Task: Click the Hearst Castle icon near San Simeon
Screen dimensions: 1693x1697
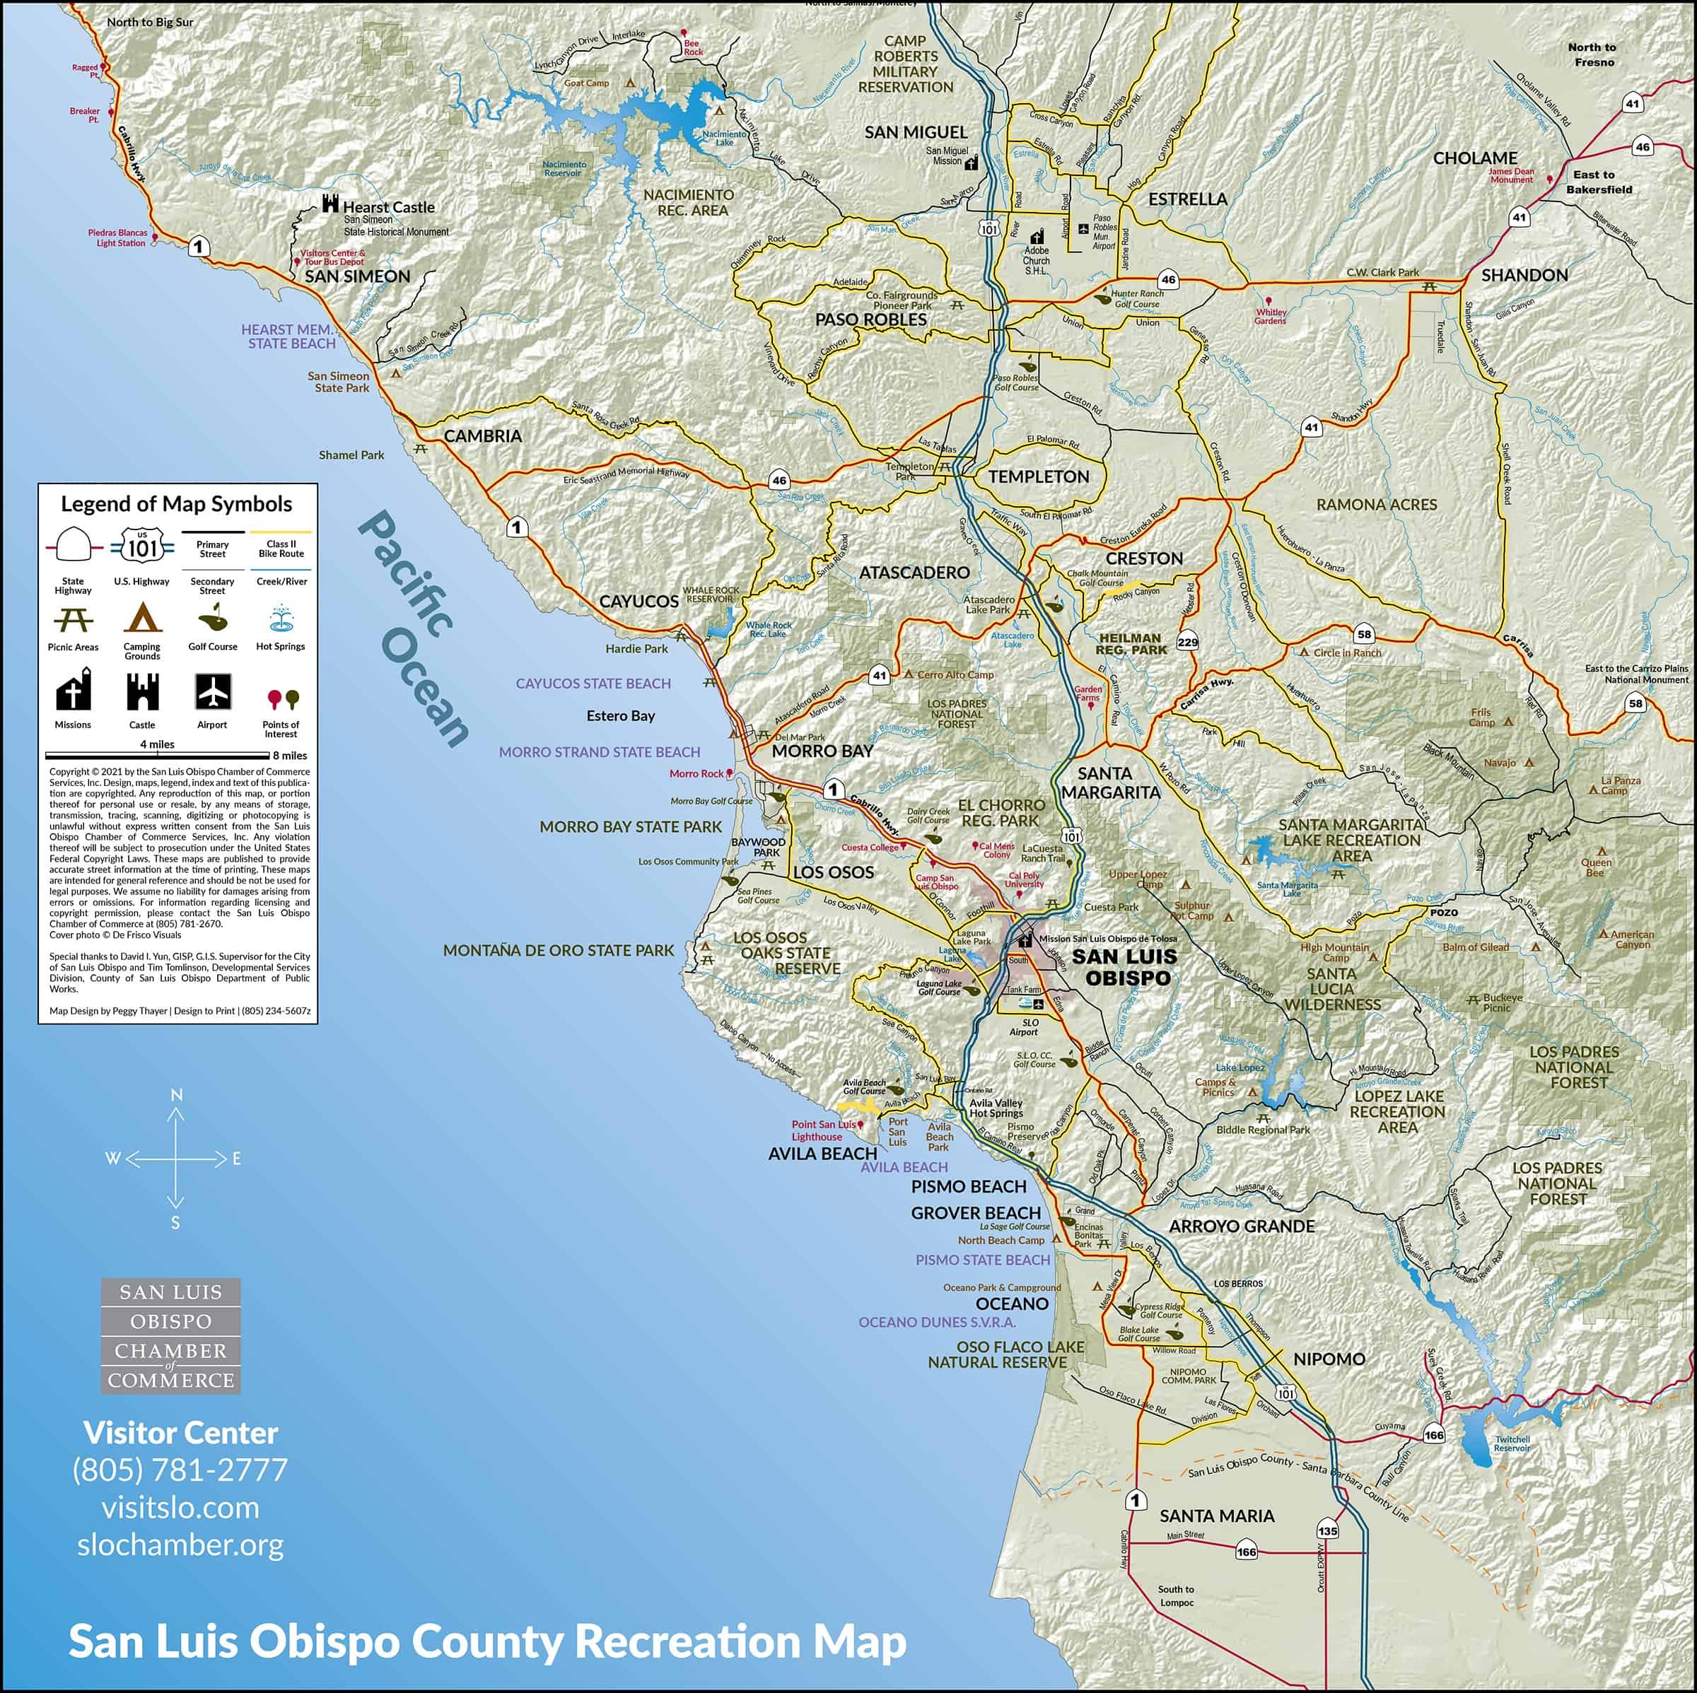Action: [330, 204]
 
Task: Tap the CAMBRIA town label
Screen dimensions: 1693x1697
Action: [482, 435]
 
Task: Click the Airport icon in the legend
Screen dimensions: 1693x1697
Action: [213, 692]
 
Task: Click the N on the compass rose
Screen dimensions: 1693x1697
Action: [175, 1094]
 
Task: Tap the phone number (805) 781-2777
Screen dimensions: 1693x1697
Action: [180, 1469]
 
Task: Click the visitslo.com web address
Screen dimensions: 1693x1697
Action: [180, 1507]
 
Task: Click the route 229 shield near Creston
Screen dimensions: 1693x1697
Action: [1188, 643]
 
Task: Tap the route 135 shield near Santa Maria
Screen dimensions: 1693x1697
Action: [1327, 1530]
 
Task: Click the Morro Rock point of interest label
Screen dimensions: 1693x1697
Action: [696, 773]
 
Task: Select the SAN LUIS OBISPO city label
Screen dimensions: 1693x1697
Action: [1124, 967]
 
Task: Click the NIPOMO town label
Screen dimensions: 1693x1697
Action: [1329, 1359]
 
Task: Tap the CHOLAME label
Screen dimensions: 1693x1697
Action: [1475, 158]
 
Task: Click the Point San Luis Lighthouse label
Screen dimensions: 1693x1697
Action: [822, 1130]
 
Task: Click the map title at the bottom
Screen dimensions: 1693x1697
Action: [487, 1641]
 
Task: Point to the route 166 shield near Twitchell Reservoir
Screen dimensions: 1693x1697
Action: [1433, 1435]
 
